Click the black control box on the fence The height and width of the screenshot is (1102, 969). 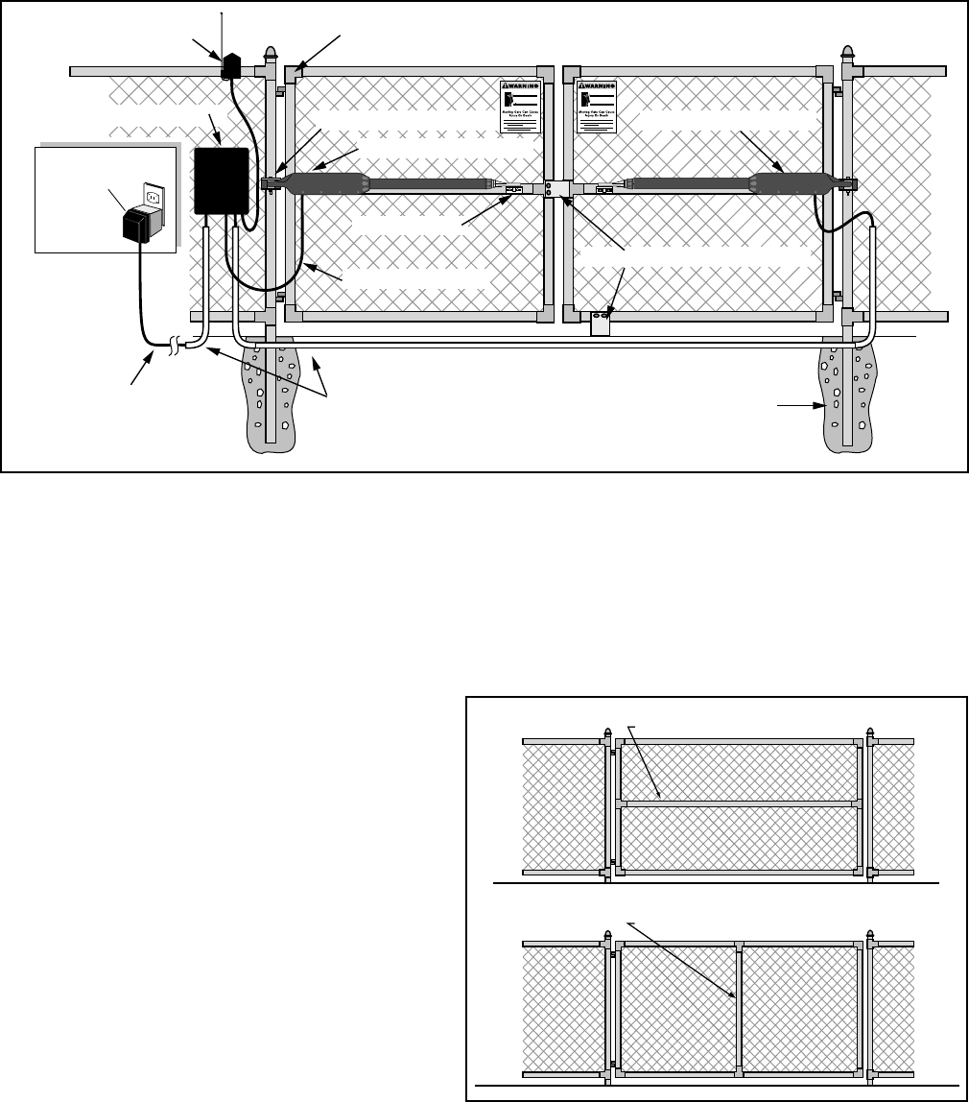pos(222,180)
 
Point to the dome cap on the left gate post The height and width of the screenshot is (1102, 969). pos(270,54)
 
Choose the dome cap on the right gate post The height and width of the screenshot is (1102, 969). pos(847,54)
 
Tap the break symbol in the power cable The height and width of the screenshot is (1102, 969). pos(175,343)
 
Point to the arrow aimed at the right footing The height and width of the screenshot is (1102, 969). pos(801,407)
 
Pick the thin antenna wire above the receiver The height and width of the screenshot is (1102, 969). pos(222,34)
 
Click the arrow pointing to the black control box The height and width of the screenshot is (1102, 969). pos(215,130)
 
